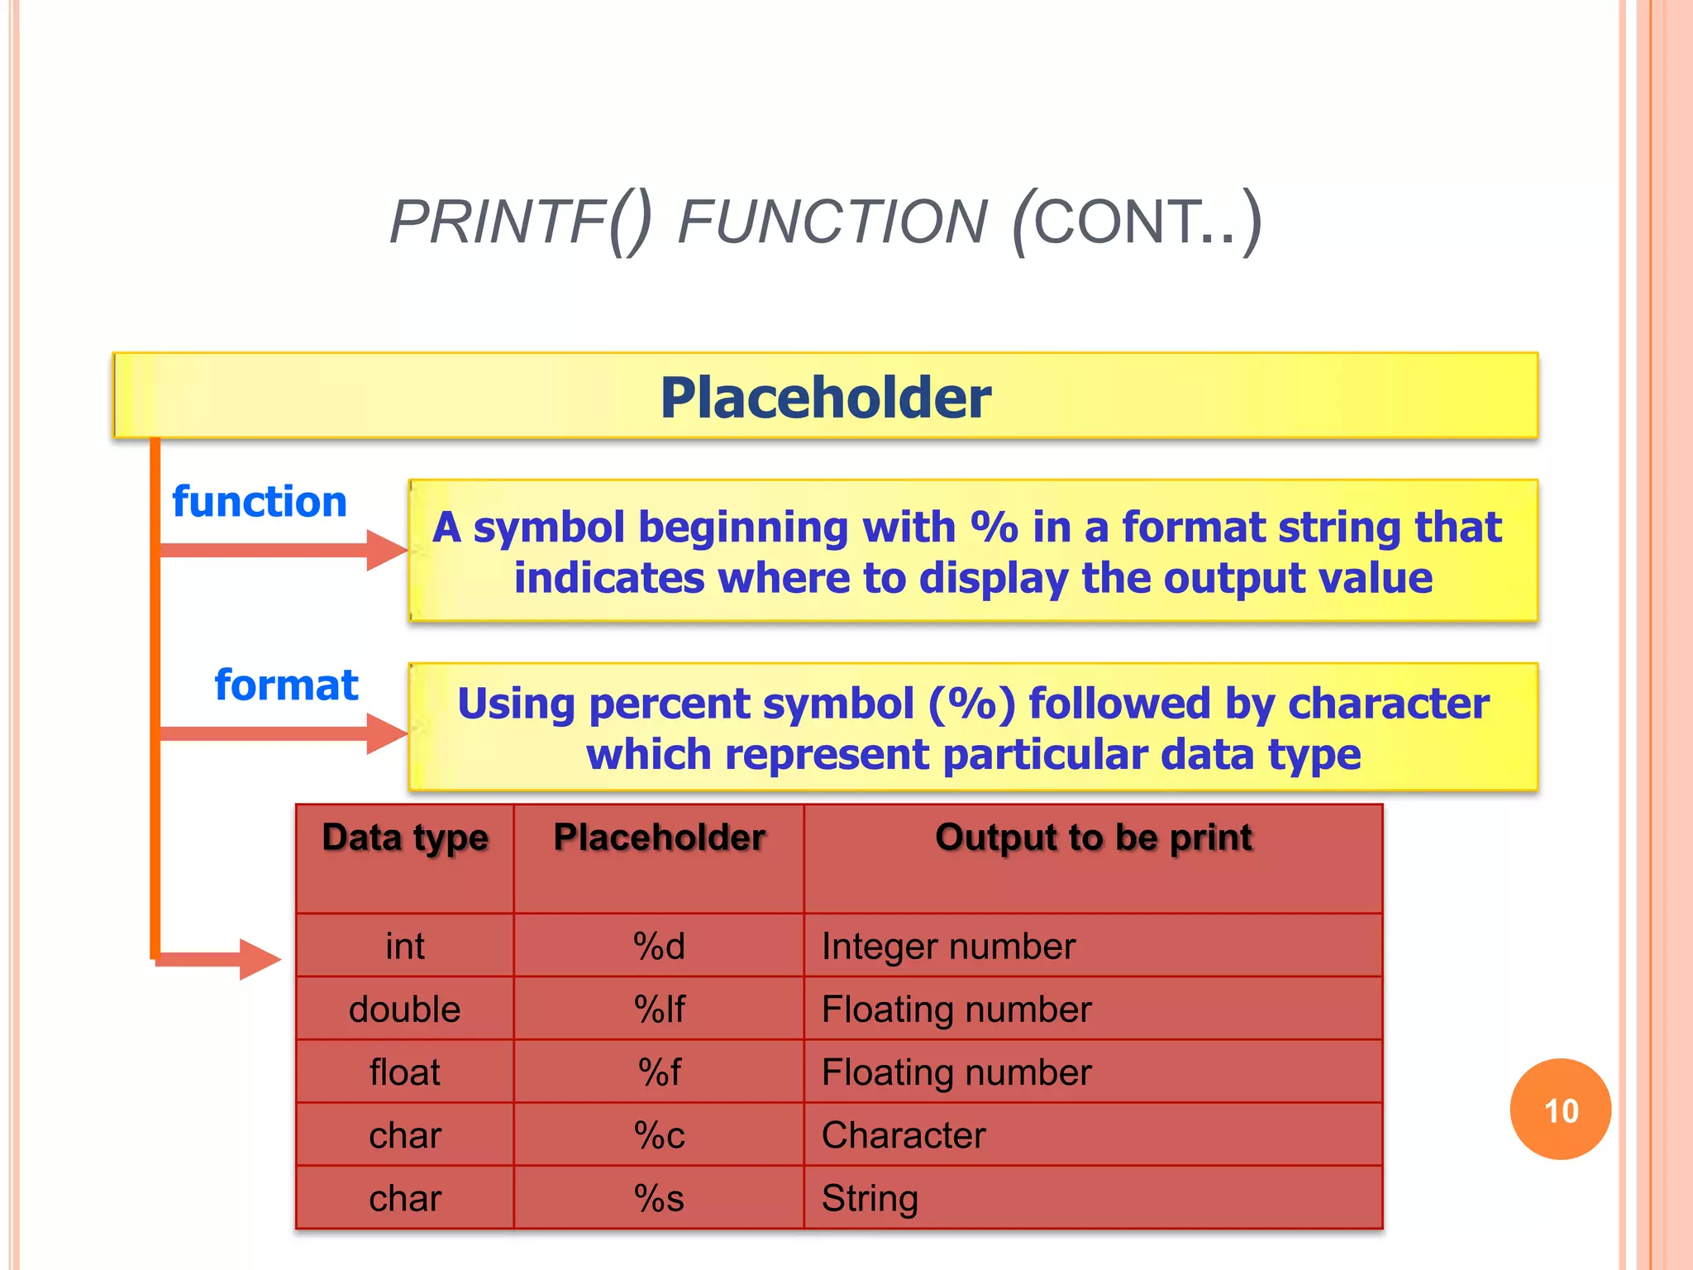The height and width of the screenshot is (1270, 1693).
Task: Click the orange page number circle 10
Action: pyautogui.click(x=1560, y=1110)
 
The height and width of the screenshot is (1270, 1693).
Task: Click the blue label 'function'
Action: pyautogui.click(x=260, y=502)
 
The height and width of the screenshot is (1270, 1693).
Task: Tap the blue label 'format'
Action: pyautogui.click(x=286, y=685)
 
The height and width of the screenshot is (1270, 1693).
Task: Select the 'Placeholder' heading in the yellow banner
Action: pyautogui.click(x=825, y=398)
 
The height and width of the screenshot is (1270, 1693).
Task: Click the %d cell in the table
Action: pyautogui.click(x=659, y=946)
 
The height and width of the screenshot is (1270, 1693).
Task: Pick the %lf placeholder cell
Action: pyautogui.click(x=659, y=1009)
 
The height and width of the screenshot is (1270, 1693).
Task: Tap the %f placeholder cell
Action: pyautogui.click(x=659, y=1072)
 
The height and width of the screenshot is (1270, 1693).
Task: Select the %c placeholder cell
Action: pyautogui.click(x=659, y=1135)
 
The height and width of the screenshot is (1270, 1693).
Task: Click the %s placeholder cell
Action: pyautogui.click(x=659, y=1198)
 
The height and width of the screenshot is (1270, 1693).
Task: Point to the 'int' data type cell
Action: pyautogui.click(x=405, y=946)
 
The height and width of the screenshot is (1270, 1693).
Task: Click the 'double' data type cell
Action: pyautogui.click(x=405, y=1009)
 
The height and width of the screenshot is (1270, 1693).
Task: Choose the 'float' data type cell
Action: pyautogui.click(x=405, y=1072)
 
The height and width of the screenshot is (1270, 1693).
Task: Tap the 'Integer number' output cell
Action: pyautogui.click(x=948, y=946)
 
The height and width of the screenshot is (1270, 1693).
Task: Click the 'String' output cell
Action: pyautogui.click(x=870, y=1198)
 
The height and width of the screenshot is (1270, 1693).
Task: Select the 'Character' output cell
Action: pyautogui.click(x=904, y=1135)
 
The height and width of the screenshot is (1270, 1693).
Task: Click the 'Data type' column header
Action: pyautogui.click(x=405, y=838)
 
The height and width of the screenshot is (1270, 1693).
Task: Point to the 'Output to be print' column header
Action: pyautogui.click(x=1093, y=838)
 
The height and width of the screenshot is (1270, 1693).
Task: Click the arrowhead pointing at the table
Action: pyautogui.click(x=260, y=959)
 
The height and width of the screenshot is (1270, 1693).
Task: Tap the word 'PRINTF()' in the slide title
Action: pyautogui.click(x=521, y=222)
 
